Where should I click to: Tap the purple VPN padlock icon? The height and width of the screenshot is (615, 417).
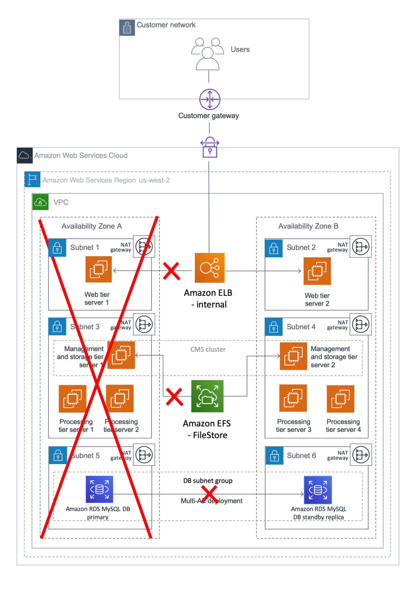point(210,147)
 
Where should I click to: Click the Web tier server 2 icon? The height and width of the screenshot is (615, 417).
point(317,271)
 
